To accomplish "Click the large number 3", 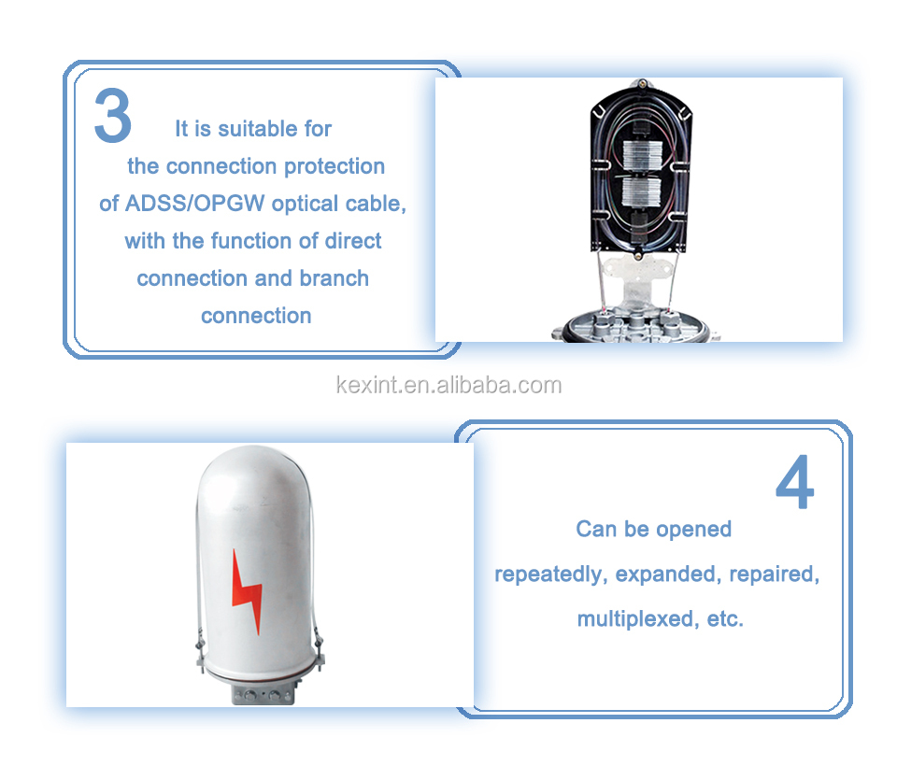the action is [x=113, y=115].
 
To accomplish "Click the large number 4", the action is [x=794, y=482].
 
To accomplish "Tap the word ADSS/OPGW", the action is [x=194, y=204].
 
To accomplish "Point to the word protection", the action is [x=335, y=166].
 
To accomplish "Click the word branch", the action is [x=335, y=278].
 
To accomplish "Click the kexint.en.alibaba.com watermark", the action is [x=448, y=385].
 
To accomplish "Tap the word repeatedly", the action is [x=550, y=574].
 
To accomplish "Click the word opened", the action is [x=693, y=529].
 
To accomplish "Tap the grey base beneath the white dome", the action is [x=263, y=693].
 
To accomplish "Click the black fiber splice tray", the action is [x=641, y=169].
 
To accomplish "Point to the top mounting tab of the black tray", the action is [x=642, y=83].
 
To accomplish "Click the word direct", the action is [x=353, y=241].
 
